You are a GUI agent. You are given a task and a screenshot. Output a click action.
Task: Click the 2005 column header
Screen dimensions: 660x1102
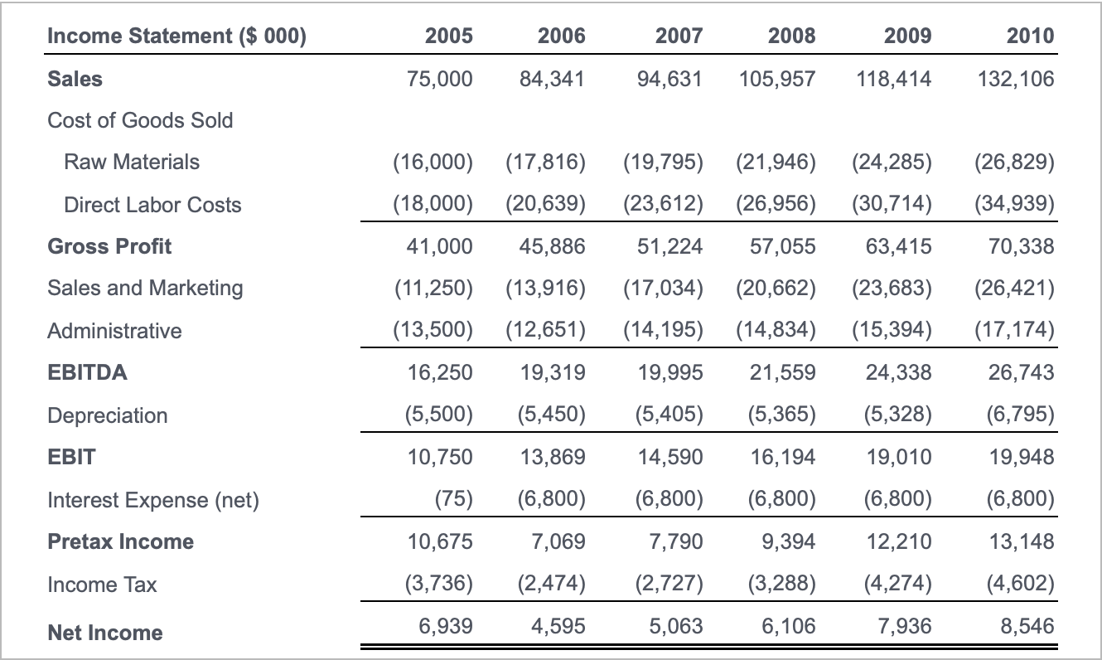tap(448, 36)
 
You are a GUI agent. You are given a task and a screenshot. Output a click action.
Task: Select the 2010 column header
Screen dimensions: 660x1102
tap(1030, 36)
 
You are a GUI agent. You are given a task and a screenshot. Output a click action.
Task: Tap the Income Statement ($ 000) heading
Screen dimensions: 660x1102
tap(176, 36)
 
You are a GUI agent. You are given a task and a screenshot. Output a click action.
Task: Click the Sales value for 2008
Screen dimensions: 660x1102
tap(776, 79)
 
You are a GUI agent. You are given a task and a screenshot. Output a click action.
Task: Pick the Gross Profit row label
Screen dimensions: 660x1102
tap(109, 246)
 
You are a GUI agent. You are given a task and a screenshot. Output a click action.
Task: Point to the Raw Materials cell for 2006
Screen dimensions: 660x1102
tap(545, 162)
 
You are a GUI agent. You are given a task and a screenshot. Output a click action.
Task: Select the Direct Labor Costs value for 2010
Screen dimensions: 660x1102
tap(1014, 205)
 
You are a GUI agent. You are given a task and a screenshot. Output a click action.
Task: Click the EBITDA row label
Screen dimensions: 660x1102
tap(87, 372)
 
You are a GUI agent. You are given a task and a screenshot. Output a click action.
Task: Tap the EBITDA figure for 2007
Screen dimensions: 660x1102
tap(670, 372)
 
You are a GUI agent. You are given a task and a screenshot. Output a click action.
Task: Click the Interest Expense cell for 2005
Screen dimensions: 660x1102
tap(453, 500)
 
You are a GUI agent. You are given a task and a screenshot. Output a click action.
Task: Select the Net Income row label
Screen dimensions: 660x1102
tap(104, 633)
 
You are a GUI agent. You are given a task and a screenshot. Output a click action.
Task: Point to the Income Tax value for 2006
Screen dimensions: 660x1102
tap(550, 585)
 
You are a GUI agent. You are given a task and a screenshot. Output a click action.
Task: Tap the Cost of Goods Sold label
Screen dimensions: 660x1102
tap(140, 120)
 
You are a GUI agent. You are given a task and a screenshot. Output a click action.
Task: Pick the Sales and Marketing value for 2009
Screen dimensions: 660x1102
tap(892, 288)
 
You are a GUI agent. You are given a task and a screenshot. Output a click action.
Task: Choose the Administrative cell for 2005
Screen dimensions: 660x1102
tap(433, 331)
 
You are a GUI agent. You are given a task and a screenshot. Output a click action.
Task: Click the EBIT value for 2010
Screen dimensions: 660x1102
tap(1022, 457)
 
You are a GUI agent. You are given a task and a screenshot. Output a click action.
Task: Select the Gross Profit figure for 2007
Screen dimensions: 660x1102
tap(670, 246)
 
